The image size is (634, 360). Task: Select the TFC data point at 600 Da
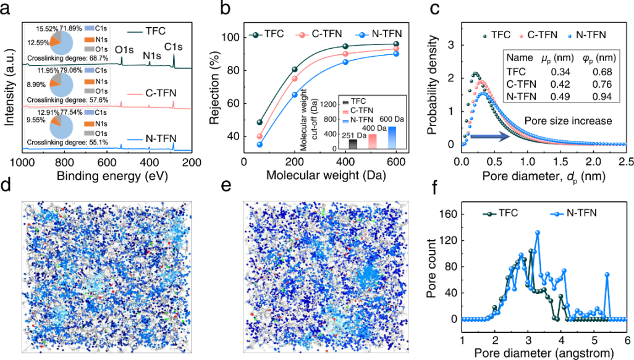click(x=396, y=44)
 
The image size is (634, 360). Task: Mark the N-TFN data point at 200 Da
click(x=295, y=94)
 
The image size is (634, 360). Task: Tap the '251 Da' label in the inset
click(x=352, y=135)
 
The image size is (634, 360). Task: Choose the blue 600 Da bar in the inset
click(x=391, y=137)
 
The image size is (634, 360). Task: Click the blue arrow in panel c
click(x=488, y=135)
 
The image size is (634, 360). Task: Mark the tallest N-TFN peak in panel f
click(x=538, y=233)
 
